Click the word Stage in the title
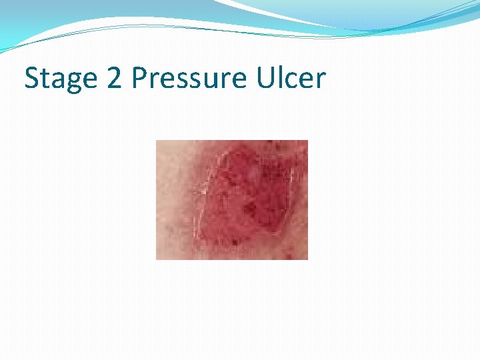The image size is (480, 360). point(59,79)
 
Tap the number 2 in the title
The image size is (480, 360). point(114,78)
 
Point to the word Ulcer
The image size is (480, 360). point(290,78)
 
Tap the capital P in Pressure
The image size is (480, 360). point(140,78)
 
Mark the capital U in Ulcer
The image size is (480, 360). point(262,78)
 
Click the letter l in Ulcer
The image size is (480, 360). point(277,77)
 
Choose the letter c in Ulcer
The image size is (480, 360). point(288,81)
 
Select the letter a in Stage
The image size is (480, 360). point(56,81)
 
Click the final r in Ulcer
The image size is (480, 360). point(321,81)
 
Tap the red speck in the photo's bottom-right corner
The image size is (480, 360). point(293,254)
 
